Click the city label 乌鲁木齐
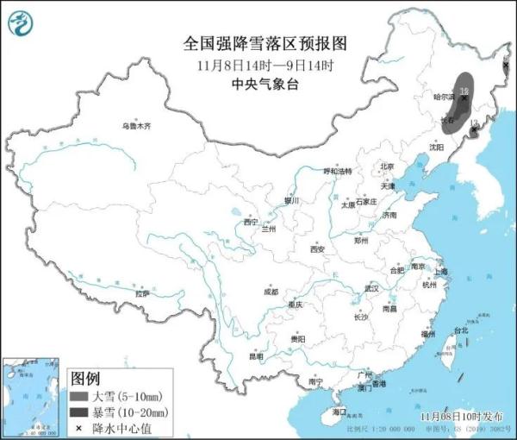(x=135, y=126)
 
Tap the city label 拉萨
(x=142, y=293)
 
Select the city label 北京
(x=387, y=167)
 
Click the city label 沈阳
(x=437, y=148)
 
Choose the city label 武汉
(x=372, y=287)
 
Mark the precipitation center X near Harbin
(x=465, y=97)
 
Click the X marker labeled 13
(x=472, y=133)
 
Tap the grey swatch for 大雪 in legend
(x=80, y=395)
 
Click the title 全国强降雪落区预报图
(x=258, y=42)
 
